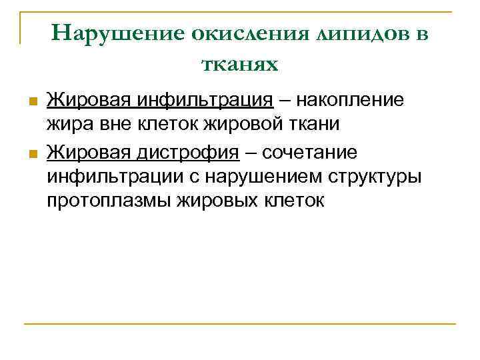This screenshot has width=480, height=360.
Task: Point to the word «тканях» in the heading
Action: pyautogui.click(x=239, y=64)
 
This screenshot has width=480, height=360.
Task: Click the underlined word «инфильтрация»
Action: pyautogui.click(x=207, y=101)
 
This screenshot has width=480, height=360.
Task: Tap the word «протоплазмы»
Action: pyautogui.click(x=108, y=201)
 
